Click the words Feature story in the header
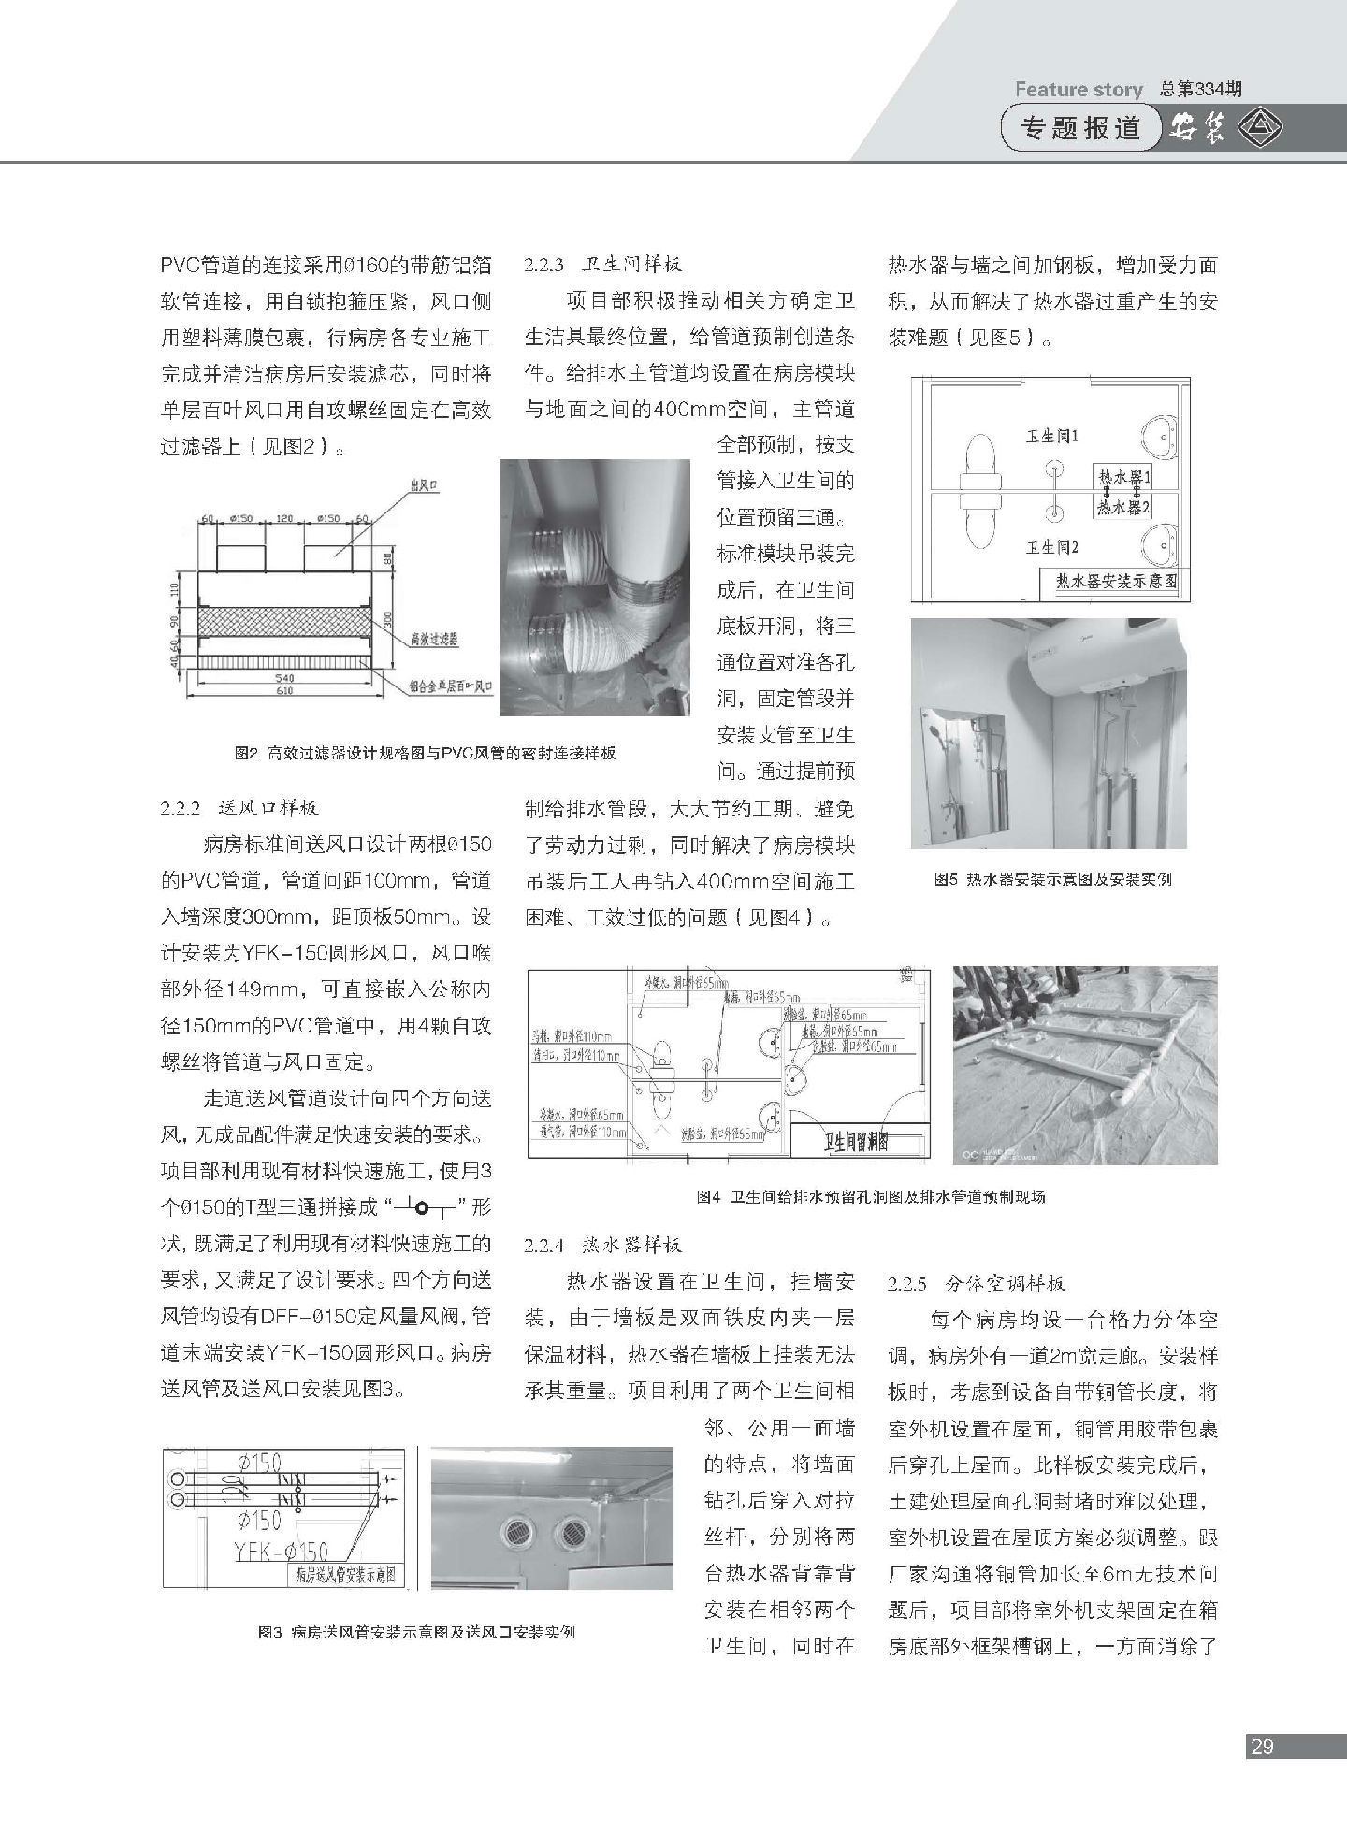(x=1079, y=90)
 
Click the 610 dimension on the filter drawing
(x=283, y=691)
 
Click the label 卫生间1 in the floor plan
(x=1053, y=436)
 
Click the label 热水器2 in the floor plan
(x=1123, y=507)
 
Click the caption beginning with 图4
(x=871, y=1196)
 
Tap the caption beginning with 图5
(x=1052, y=879)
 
